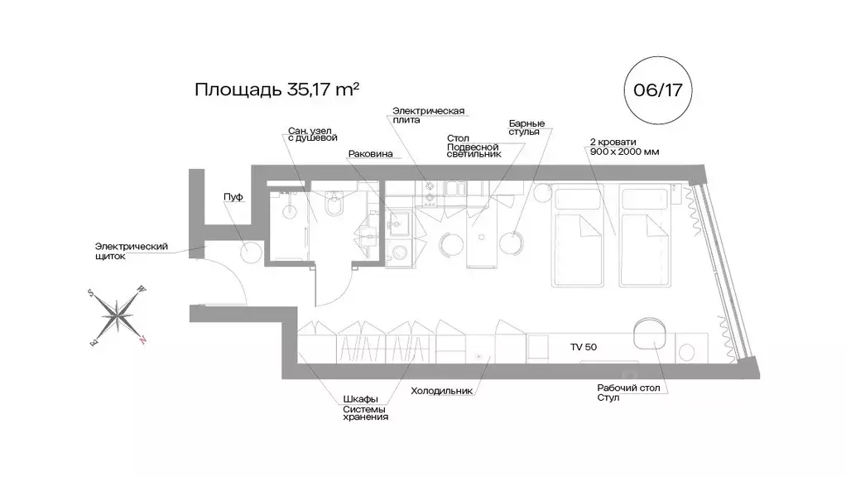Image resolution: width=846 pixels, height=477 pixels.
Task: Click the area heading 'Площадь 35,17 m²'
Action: [276, 89]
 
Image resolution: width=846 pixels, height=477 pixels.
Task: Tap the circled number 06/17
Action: [657, 89]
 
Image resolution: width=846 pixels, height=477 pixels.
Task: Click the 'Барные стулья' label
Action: [526, 127]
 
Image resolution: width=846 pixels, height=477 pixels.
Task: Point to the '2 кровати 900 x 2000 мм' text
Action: [624, 147]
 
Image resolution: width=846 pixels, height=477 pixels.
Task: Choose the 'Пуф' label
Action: [233, 196]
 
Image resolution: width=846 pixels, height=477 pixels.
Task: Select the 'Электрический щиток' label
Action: [132, 251]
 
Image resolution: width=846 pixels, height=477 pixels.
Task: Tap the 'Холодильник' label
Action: [441, 389]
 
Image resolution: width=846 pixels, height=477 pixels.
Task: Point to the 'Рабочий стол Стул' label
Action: [628, 393]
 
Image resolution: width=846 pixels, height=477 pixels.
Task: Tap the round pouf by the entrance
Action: [252, 252]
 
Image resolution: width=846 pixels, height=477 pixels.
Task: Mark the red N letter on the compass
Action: [143, 339]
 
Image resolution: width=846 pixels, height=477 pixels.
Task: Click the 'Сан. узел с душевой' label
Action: [313, 133]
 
